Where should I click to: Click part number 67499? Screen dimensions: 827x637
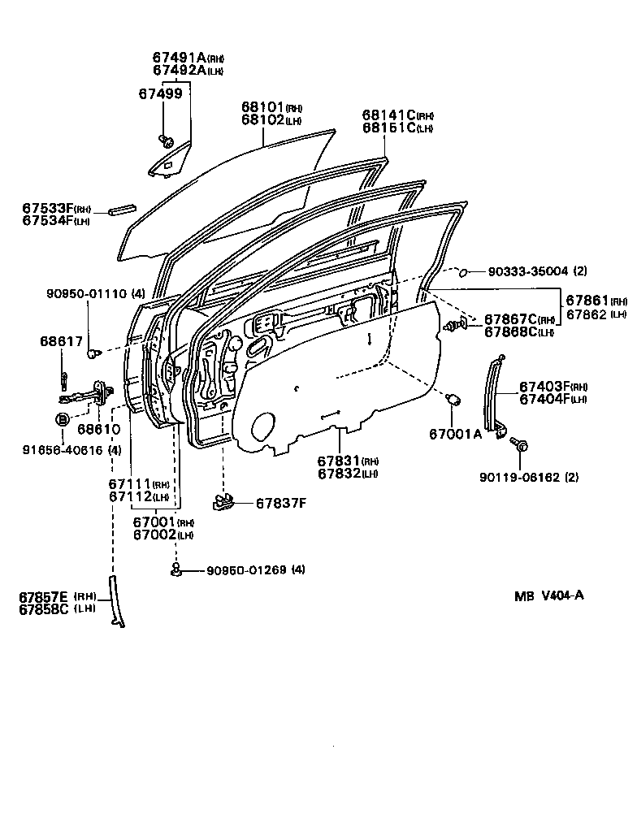pos(160,93)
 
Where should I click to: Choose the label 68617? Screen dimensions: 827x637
pos(61,340)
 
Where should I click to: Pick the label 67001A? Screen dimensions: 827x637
pos(455,434)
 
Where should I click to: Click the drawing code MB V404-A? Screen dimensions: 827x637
pos(548,595)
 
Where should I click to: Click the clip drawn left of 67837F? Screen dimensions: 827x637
pos(224,503)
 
